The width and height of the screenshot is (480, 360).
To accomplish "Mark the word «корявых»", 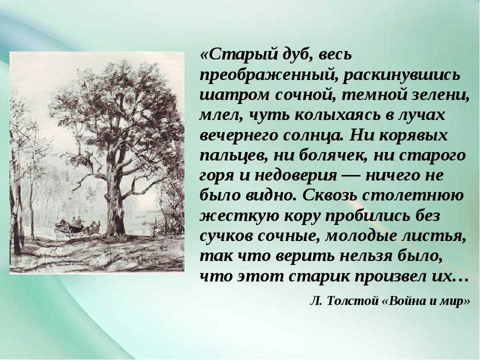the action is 412,136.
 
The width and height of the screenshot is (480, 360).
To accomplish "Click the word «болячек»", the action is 332,156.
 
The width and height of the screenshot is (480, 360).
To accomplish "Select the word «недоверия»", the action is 295,176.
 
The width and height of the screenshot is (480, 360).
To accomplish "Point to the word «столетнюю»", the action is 413,196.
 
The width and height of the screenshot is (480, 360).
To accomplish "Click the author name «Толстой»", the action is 352,301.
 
